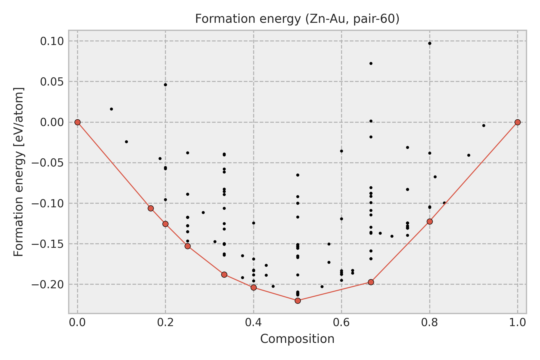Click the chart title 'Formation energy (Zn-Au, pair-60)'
pos(297,19)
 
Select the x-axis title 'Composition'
pos(297,339)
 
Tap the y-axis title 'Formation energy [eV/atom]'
pos(19,172)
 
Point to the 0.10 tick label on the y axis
pos(52,41)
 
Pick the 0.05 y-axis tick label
pos(52,82)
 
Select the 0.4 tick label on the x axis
pos(253,322)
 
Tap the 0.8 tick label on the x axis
pos(430,322)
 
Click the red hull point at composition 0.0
pos(77,122)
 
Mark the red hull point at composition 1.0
pos(517,122)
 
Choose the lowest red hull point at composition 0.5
pos(298,301)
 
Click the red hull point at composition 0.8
pos(430,221)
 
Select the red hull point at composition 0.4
pos(253,287)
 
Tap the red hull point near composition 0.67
pos(371,282)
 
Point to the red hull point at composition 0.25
pos(187,246)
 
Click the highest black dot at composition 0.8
pos(430,43)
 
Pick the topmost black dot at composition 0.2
pos(165,85)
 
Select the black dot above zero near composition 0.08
pos(111,109)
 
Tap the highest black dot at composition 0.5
pos(298,175)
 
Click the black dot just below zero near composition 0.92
pos(484,125)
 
